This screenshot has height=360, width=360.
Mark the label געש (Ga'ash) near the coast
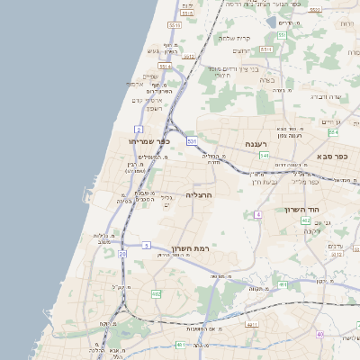point(156,50)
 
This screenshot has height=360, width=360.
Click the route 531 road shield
point(192,141)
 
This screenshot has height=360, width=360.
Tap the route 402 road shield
point(306,220)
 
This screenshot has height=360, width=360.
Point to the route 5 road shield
point(146,244)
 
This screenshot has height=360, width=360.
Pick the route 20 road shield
point(122,254)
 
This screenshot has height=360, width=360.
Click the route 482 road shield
point(157,294)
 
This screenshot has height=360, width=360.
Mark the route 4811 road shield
point(252,324)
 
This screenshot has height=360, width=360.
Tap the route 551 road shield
point(281,35)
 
